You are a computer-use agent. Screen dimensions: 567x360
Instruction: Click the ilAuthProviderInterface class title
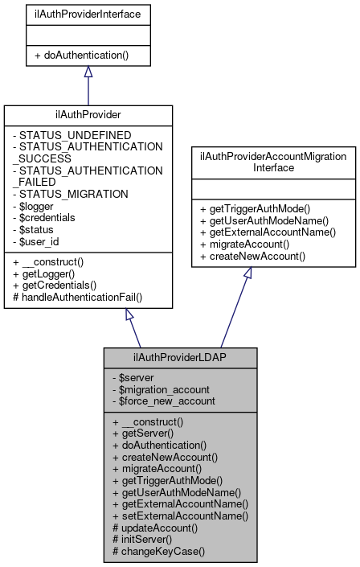(x=88, y=13)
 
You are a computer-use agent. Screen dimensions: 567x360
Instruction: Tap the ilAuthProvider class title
(x=88, y=115)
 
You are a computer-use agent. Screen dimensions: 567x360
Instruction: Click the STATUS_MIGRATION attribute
(x=67, y=194)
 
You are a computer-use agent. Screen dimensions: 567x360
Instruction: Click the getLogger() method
(x=47, y=273)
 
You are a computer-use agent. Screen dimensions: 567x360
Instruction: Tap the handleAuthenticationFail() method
(x=78, y=297)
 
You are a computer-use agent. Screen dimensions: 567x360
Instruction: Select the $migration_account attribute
(x=166, y=389)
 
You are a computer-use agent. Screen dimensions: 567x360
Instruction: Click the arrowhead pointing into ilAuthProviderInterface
(x=88, y=72)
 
